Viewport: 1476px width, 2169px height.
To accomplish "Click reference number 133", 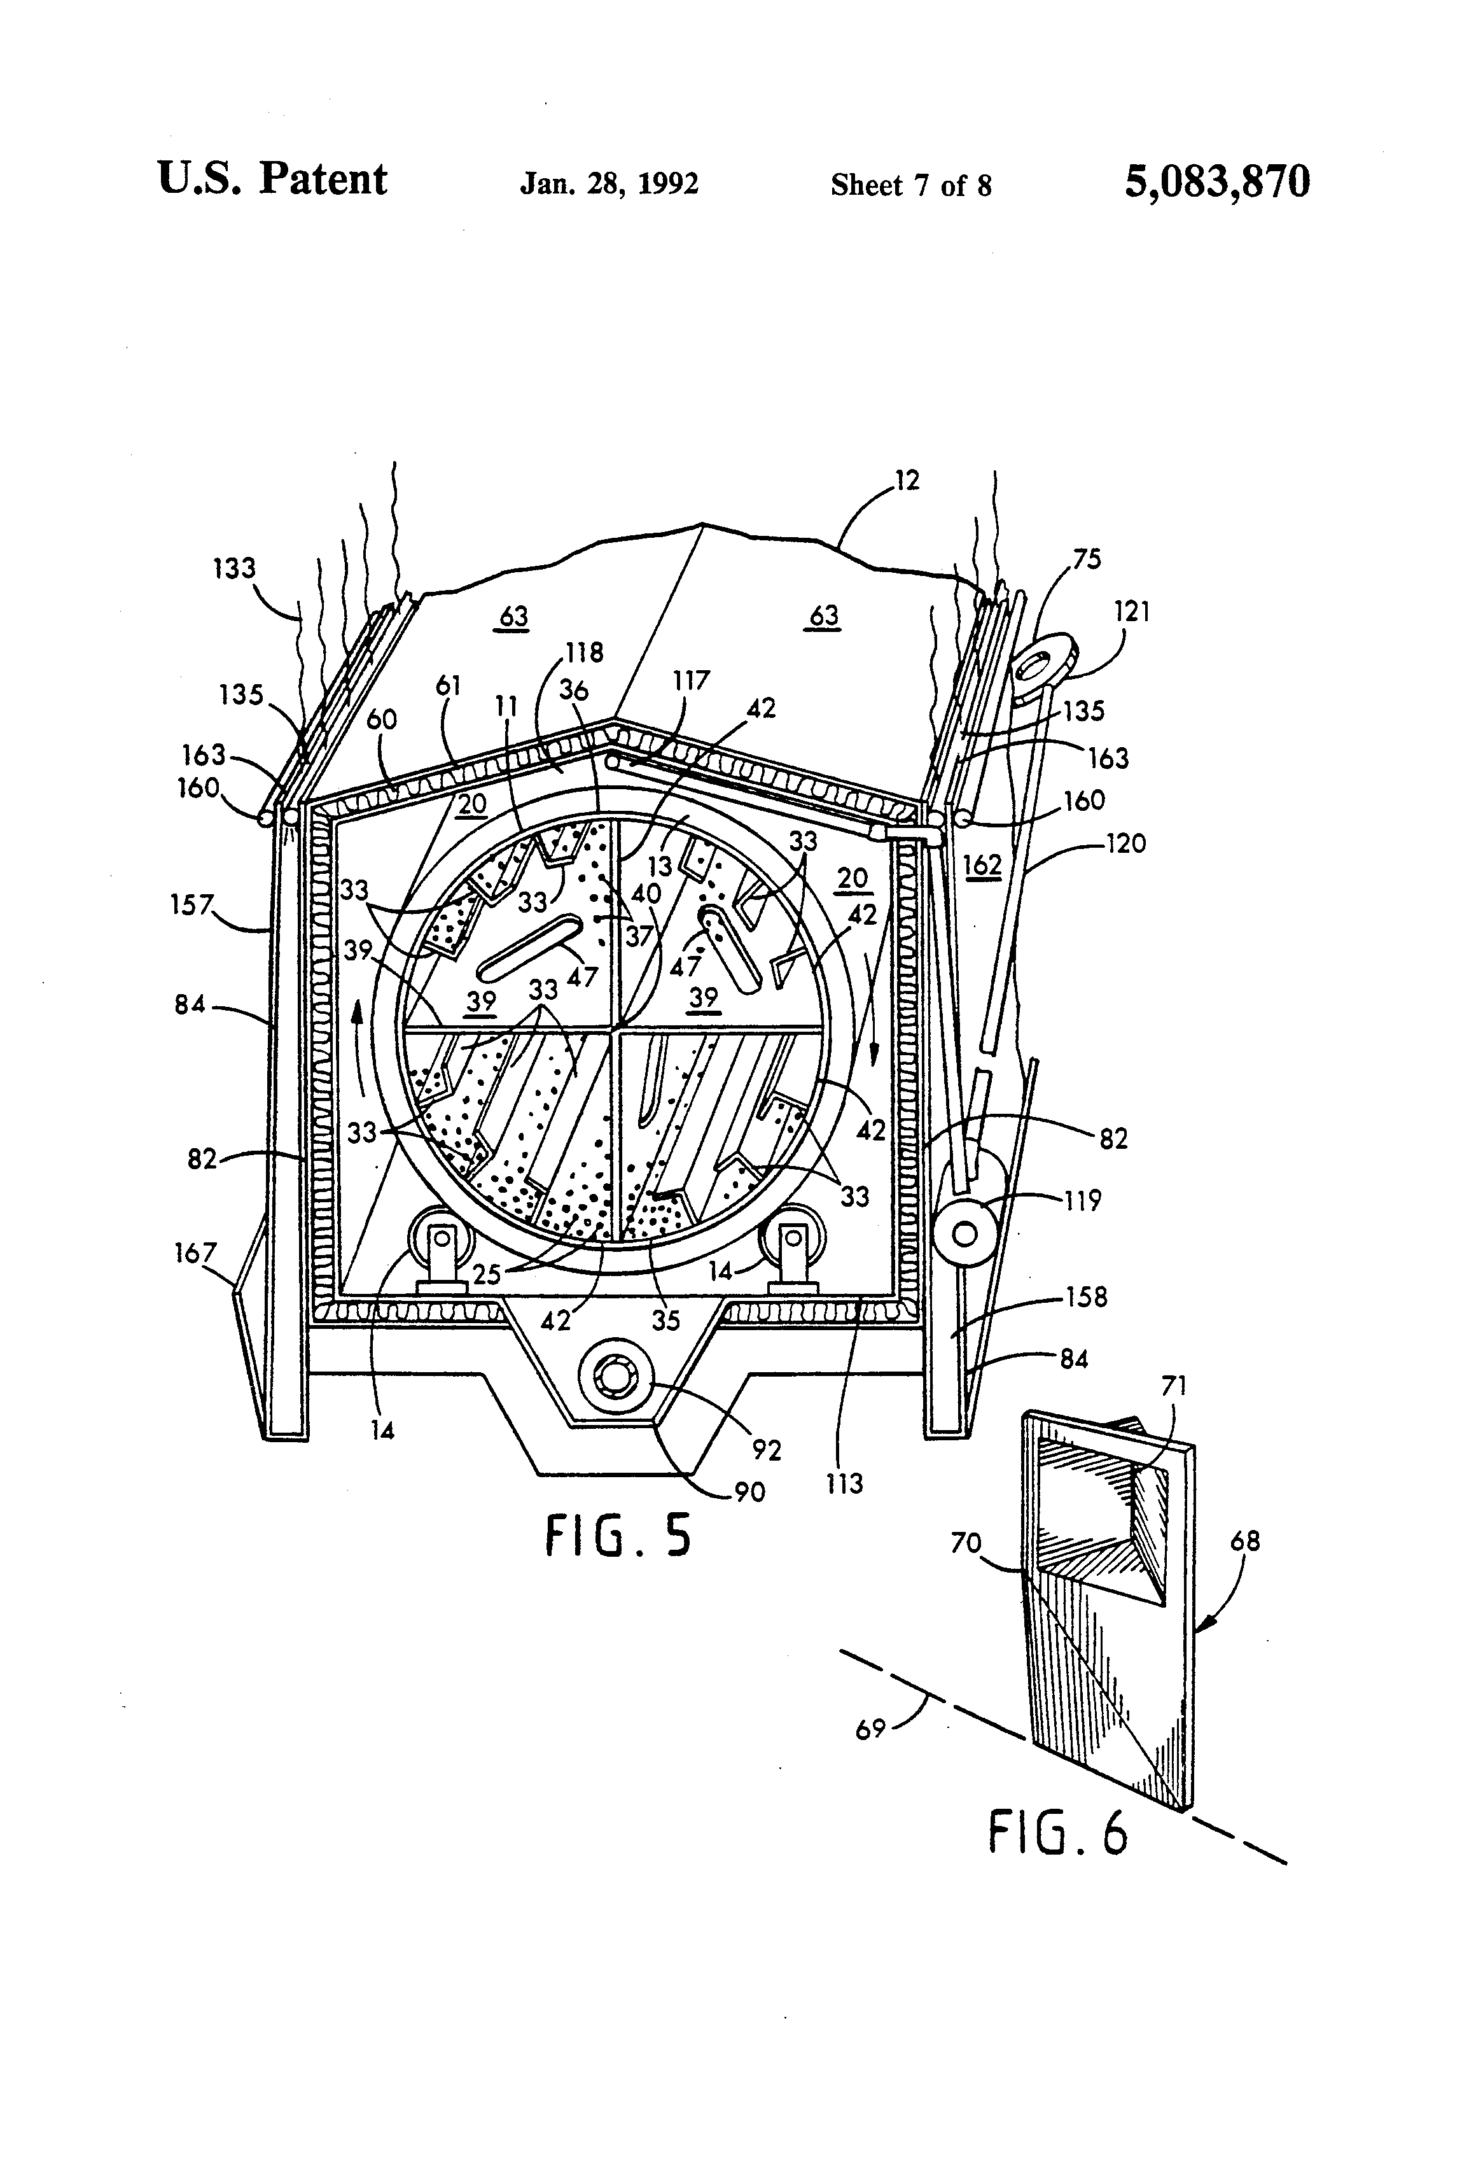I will [233, 568].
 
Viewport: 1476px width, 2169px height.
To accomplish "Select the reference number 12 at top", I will [907, 481].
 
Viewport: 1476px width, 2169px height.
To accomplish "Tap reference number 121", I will [1132, 612].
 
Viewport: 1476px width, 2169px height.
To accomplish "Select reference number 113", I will [844, 1483].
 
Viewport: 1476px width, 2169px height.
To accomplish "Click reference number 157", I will [191, 904].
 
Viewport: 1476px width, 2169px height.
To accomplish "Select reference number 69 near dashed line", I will [870, 1729].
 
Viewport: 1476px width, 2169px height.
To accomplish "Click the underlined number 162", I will [982, 865].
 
